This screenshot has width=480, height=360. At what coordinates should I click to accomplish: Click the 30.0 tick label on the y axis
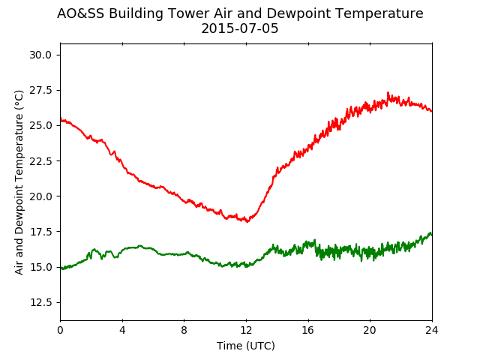pyautogui.click(x=40, y=55)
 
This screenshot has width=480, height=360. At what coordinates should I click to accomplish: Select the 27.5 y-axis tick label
pyautogui.click(x=40, y=90)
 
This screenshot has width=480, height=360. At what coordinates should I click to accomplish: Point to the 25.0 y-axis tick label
pyautogui.click(x=40, y=125)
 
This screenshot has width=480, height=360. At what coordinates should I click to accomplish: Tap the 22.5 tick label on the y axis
pyautogui.click(x=40, y=161)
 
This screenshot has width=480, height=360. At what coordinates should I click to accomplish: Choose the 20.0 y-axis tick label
pyautogui.click(x=40, y=196)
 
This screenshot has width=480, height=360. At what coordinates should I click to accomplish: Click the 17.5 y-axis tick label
pyautogui.click(x=40, y=232)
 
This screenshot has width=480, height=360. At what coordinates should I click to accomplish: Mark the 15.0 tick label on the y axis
pyautogui.click(x=40, y=267)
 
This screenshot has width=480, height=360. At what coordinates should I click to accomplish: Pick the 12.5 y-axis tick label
pyautogui.click(x=40, y=302)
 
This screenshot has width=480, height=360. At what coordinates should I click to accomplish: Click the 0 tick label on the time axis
pyautogui.click(x=60, y=330)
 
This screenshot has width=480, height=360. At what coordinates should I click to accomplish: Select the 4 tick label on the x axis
pyautogui.click(x=122, y=330)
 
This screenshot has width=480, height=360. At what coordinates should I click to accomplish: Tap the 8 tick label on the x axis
pyautogui.click(x=184, y=330)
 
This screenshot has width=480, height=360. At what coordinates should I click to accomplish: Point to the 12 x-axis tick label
pyautogui.click(x=246, y=330)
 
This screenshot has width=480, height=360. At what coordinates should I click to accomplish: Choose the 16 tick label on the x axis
pyautogui.click(x=308, y=330)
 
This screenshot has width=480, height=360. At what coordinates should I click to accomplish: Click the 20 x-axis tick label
pyautogui.click(x=370, y=330)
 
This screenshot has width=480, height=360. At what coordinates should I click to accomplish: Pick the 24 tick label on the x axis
pyautogui.click(x=432, y=330)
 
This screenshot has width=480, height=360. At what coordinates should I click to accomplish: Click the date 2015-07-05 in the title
pyautogui.click(x=240, y=28)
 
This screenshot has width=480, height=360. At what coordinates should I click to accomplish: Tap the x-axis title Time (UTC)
pyautogui.click(x=246, y=346)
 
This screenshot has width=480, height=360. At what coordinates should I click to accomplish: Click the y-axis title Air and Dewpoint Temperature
pyautogui.click(x=19, y=182)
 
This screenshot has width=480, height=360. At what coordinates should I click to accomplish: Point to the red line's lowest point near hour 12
pyautogui.click(x=247, y=222)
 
